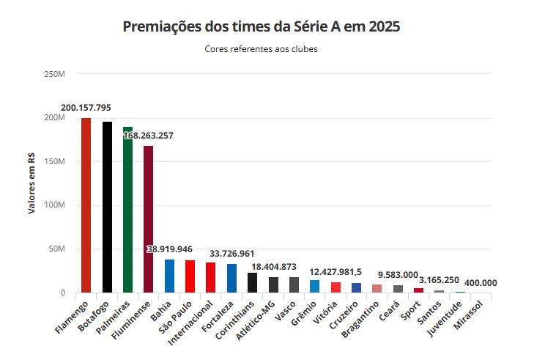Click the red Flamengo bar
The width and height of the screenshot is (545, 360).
click(x=86, y=205)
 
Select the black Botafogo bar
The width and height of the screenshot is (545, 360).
click(x=107, y=207)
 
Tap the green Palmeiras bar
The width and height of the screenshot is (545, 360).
click(x=127, y=210)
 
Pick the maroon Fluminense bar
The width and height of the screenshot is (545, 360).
click(x=149, y=219)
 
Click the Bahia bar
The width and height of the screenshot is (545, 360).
click(x=169, y=276)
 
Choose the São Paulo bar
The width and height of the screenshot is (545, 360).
click(x=190, y=276)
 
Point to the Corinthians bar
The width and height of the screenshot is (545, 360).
click(x=252, y=282)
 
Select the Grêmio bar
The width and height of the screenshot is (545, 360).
click(x=314, y=286)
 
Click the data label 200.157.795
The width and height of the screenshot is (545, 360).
click(x=86, y=108)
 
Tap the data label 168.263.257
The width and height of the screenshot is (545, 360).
click(x=148, y=136)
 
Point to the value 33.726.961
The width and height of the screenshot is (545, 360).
click(x=231, y=254)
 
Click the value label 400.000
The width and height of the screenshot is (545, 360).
click(x=481, y=283)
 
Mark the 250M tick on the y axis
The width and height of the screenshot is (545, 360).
click(x=54, y=74)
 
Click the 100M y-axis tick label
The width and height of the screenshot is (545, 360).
click(x=54, y=205)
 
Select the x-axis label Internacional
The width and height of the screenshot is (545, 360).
click(x=190, y=323)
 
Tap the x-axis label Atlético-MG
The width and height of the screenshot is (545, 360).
click(x=256, y=320)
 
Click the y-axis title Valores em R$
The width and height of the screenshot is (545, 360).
click(x=31, y=183)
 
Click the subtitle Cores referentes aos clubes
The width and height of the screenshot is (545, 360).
click(x=261, y=49)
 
